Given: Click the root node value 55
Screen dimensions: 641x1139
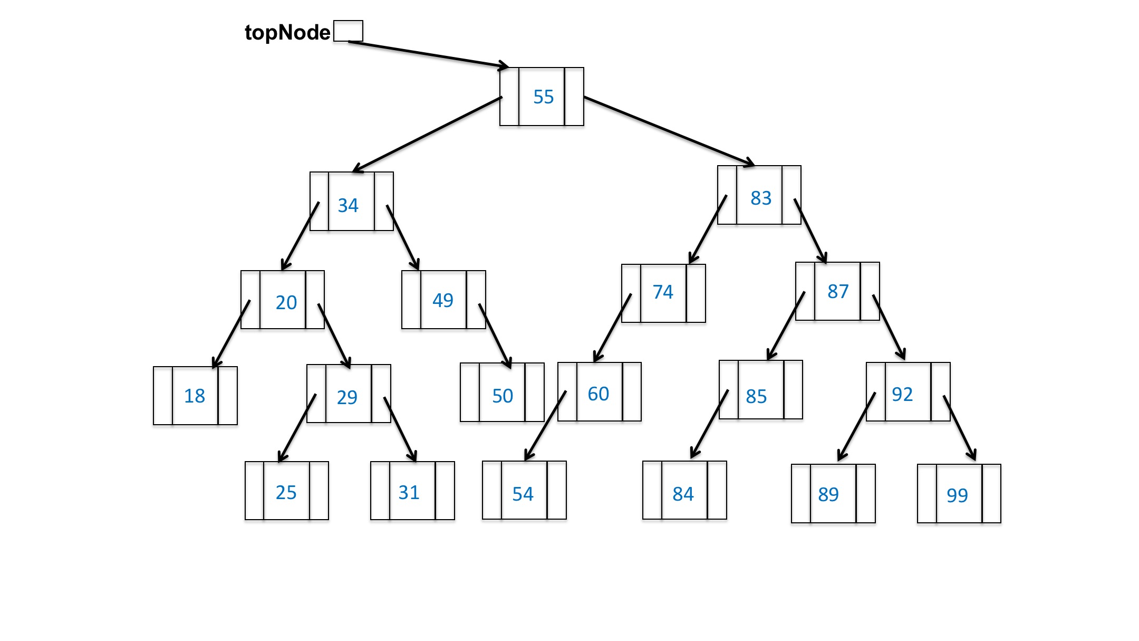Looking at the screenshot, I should [x=543, y=97].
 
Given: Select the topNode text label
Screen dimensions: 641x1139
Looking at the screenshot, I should [x=287, y=33].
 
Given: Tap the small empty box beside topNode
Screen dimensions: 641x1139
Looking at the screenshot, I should [x=348, y=31].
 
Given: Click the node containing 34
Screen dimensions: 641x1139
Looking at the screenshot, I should [x=348, y=205].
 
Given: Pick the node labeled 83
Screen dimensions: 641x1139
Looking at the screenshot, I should [x=760, y=198].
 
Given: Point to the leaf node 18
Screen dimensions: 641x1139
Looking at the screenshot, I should [x=195, y=396].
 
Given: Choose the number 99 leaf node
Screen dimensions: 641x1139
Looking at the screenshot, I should [x=957, y=495].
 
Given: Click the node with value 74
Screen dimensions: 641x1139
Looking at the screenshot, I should [x=663, y=292].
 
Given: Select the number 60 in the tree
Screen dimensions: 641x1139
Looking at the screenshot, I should [x=599, y=394].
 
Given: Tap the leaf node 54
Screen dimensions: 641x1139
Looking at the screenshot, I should [x=523, y=494].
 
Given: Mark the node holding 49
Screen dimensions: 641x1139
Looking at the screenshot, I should [x=443, y=300].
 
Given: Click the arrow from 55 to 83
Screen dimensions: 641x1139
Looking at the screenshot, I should [x=670, y=131].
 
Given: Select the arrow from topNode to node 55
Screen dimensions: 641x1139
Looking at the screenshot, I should [x=427, y=54].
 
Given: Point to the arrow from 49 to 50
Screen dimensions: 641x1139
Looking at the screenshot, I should [x=495, y=336].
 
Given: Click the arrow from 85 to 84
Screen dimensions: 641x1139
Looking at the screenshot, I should [x=709, y=424].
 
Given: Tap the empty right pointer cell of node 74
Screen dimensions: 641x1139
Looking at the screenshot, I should [x=696, y=293].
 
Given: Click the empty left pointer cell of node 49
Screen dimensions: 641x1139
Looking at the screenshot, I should [x=411, y=300].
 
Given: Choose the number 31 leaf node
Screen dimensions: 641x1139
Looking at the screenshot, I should [x=409, y=492].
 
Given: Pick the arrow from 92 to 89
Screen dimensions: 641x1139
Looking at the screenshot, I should [x=856, y=426].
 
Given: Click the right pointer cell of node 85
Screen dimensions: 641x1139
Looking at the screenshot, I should [x=793, y=390].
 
